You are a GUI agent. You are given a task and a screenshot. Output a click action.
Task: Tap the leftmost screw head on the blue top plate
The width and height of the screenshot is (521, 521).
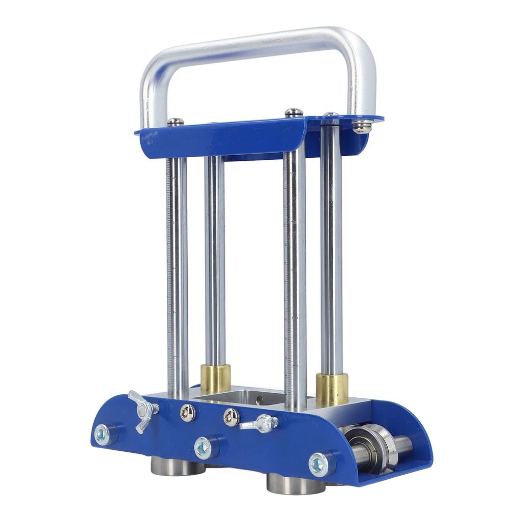click(x=175, y=122)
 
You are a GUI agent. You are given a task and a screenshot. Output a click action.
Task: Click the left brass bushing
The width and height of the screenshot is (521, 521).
click(x=215, y=378)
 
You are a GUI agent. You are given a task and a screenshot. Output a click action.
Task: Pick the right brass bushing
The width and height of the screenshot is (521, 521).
click(x=332, y=389)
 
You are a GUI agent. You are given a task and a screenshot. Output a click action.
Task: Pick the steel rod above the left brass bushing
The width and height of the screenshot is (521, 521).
click(x=215, y=259)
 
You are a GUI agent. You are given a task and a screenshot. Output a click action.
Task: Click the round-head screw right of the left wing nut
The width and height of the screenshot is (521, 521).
click(x=188, y=413)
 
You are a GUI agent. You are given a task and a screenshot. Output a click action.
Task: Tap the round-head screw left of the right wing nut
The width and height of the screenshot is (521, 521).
click(x=231, y=417)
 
